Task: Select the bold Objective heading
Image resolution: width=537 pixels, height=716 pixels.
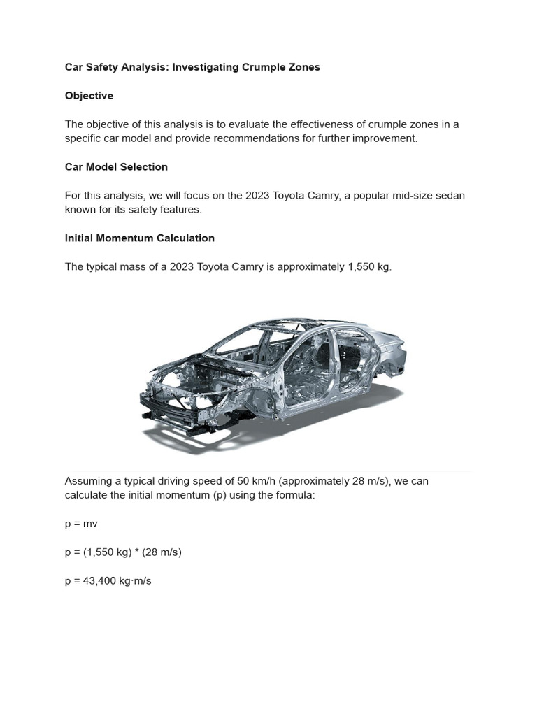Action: [89, 96]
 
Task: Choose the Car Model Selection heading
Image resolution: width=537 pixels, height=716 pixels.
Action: [116, 167]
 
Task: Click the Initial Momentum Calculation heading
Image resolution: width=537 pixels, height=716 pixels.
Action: [139, 238]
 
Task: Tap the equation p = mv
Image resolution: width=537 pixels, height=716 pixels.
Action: [81, 524]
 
